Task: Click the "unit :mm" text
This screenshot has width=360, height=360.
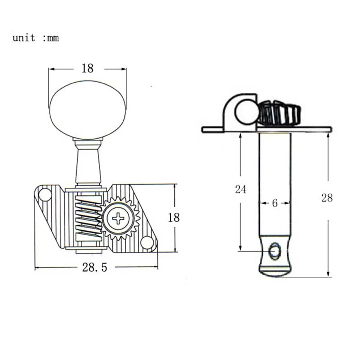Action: (36, 38)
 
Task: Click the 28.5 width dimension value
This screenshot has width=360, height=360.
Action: (95, 267)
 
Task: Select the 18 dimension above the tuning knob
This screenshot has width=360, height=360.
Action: (88, 68)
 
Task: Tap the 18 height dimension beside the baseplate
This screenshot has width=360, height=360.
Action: (174, 217)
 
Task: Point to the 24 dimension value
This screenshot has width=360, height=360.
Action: (240, 189)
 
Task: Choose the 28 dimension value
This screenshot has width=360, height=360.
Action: (327, 198)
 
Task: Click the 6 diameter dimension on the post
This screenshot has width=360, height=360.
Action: (275, 203)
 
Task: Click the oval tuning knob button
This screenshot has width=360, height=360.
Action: (88, 110)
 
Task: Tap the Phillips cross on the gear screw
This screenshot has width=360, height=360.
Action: (118, 218)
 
